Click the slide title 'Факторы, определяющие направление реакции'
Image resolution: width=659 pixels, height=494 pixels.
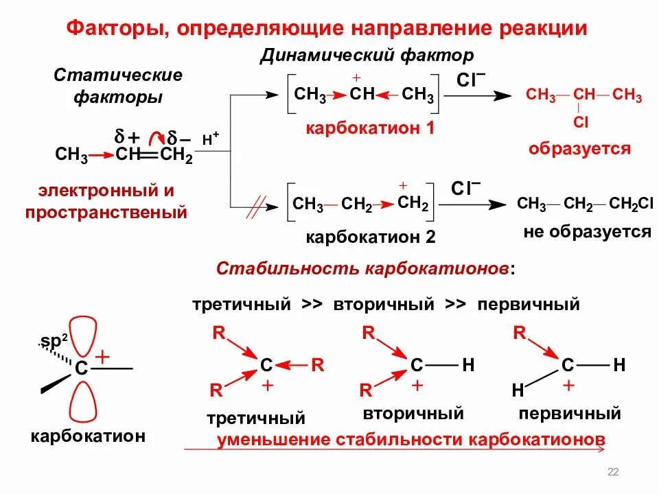[x=327, y=29]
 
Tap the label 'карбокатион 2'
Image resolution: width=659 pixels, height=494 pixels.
[x=371, y=237]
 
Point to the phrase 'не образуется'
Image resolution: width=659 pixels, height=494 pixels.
[x=587, y=231]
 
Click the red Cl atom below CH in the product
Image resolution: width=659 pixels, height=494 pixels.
[x=581, y=123]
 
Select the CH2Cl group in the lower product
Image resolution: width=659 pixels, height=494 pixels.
[x=623, y=204]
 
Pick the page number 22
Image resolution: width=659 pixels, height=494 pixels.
[x=613, y=471]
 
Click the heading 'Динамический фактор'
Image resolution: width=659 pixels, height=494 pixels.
[x=367, y=55]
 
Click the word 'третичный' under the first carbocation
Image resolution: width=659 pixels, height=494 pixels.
[x=255, y=417]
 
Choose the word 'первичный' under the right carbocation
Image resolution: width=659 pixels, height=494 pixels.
[x=570, y=414]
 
